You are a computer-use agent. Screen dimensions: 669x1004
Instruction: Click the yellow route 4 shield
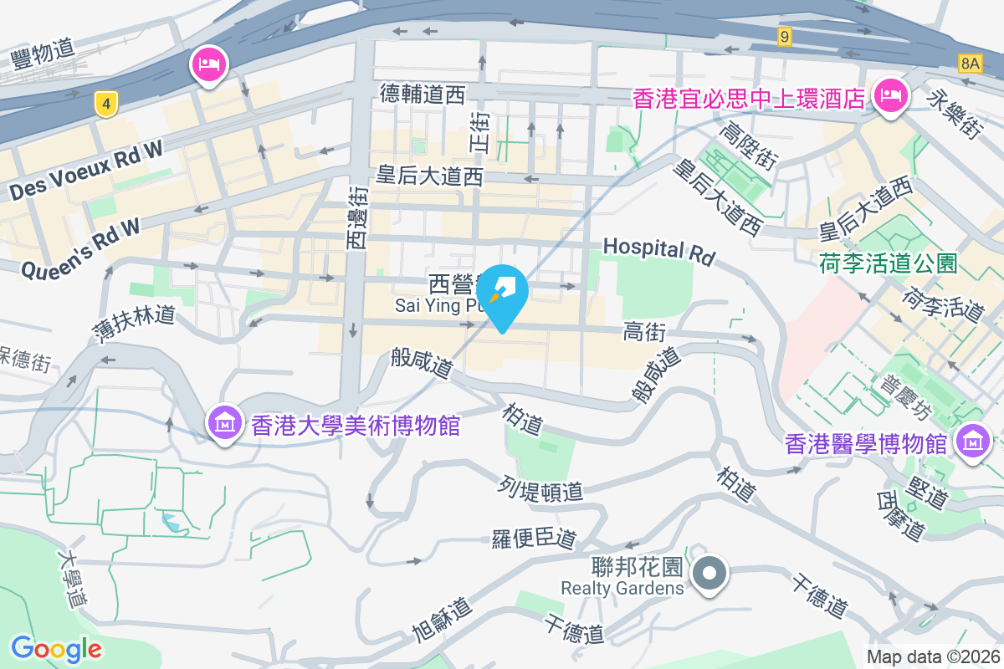105,105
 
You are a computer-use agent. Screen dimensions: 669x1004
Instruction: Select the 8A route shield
970,63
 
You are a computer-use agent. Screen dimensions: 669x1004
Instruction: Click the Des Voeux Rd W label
86,171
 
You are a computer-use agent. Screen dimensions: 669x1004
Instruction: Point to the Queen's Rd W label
80,248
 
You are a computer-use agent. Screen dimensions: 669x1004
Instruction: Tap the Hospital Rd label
659,251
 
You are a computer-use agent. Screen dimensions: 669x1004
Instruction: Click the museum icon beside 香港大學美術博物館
225,424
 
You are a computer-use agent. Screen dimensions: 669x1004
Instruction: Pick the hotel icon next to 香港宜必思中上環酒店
891,97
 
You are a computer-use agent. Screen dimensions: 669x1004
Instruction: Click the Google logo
57,648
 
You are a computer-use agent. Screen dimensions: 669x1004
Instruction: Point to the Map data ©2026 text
933,657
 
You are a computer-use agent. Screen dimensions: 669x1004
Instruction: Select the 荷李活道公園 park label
888,264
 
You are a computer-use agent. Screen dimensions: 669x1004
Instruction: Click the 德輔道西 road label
422,94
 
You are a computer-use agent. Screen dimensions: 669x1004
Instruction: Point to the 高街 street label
644,333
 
